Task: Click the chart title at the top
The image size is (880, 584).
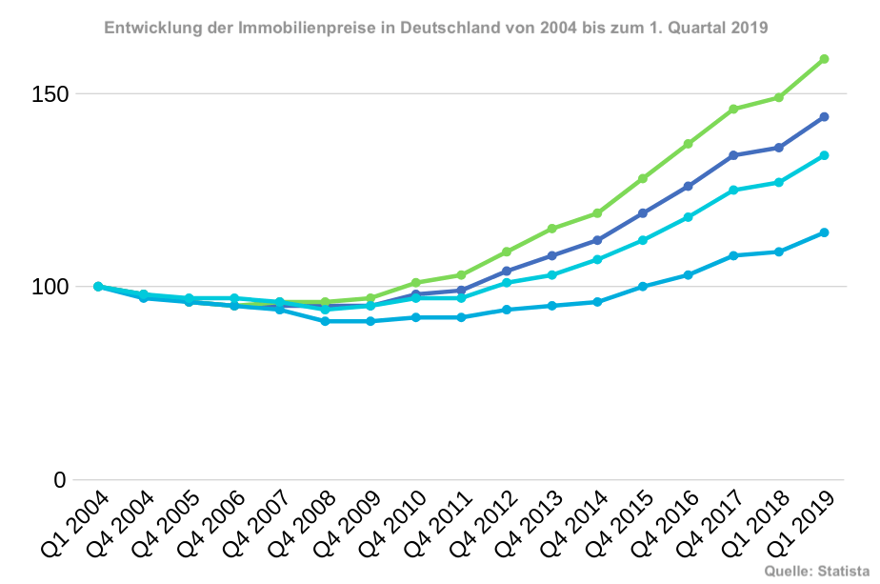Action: click(x=435, y=29)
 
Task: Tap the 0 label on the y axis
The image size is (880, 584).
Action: click(x=60, y=480)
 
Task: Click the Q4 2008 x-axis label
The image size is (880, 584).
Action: click(x=303, y=523)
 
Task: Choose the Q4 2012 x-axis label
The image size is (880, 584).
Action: click(x=484, y=523)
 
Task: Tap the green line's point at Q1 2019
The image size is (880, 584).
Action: click(x=824, y=59)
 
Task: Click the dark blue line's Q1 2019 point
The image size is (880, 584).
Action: click(x=824, y=117)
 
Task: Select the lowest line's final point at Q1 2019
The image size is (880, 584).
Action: click(x=824, y=232)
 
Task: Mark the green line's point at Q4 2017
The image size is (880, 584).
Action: click(x=733, y=110)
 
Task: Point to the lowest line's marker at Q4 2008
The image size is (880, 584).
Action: click(x=325, y=321)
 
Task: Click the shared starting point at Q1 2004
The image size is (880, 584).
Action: click(x=98, y=286)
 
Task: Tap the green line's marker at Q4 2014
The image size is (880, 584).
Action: click(x=597, y=213)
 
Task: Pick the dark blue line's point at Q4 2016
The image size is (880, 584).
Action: click(x=688, y=186)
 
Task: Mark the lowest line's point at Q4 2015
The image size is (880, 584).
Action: click(x=643, y=286)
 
